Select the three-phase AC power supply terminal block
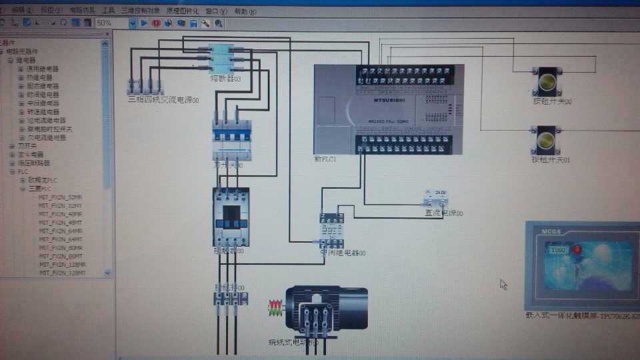point(145,87)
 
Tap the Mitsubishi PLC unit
point(388,109)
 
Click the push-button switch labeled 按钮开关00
point(548,81)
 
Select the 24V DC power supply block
point(437,198)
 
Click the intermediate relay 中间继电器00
point(331,231)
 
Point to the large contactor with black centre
point(231,217)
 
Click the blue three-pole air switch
point(231,141)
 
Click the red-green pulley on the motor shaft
point(274,309)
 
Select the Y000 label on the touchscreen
point(558,249)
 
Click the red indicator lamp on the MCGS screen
point(577,249)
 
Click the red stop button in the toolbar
point(156,23)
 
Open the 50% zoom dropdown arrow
point(132,23)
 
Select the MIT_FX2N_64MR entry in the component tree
point(61,231)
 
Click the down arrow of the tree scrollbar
point(107,273)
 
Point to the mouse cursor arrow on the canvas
point(503,284)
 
